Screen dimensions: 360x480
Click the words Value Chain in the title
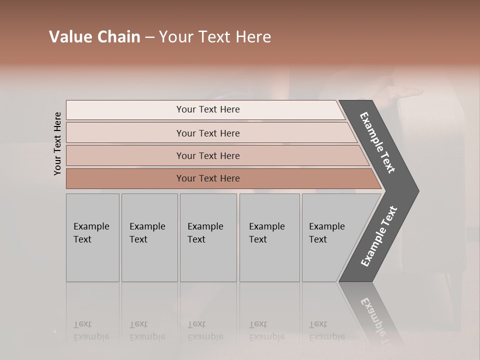click(x=94, y=37)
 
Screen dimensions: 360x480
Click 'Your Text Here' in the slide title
click(x=215, y=37)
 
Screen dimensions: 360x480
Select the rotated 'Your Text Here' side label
click(x=57, y=143)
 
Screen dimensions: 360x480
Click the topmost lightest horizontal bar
click(x=208, y=109)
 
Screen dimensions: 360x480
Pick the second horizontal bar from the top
click(x=208, y=133)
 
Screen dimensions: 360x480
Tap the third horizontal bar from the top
click(x=208, y=155)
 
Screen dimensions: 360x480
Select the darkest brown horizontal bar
click(x=208, y=178)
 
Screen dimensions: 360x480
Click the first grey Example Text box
click(x=92, y=237)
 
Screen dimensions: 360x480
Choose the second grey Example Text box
click(x=149, y=237)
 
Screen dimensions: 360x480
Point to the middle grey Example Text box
click(x=208, y=237)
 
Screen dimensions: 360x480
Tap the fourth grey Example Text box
click(x=269, y=237)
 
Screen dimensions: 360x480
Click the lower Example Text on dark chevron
click(x=379, y=236)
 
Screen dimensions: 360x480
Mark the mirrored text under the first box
click(x=91, y=330)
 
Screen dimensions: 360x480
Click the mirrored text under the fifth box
click(x=326, y=330)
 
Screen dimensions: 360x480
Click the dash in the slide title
click(x=149, y=37)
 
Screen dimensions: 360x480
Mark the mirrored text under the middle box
click(x=205, y=330)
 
